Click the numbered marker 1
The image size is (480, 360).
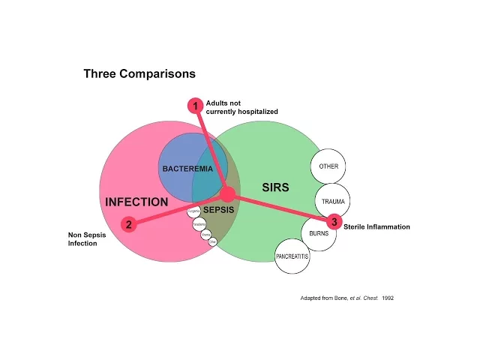(195, 106)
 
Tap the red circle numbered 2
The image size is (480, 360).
(128, 223)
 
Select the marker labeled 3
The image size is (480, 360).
(334, 221)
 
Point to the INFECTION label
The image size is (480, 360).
(136, 202)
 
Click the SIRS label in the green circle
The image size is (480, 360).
(275, 187)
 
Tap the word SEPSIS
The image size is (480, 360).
(219, 210)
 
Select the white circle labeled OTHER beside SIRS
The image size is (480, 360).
(328, 166)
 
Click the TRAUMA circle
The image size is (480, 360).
(333, 201)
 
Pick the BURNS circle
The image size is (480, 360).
(319, 233)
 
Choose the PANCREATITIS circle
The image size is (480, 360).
(292, 256)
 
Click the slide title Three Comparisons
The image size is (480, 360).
(139, 73)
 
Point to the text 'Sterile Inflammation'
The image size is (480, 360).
(376, 226)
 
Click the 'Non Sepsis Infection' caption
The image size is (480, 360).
(87, 238)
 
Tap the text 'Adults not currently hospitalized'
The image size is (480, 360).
(241, 107)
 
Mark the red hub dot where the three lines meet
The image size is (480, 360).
(228, 194)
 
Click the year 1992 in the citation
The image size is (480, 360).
(387, 298)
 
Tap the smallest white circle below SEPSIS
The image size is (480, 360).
(212, 242)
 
